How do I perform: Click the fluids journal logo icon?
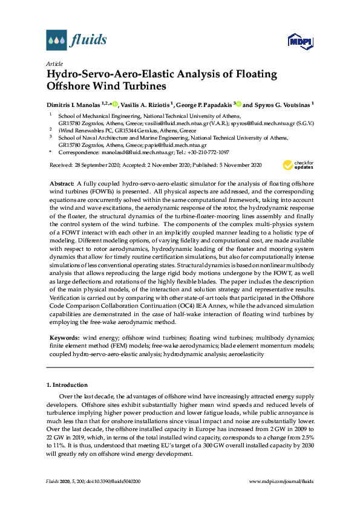[56, 41]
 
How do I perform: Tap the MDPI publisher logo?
[300, 41]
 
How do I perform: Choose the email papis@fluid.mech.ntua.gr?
[178, 145]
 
